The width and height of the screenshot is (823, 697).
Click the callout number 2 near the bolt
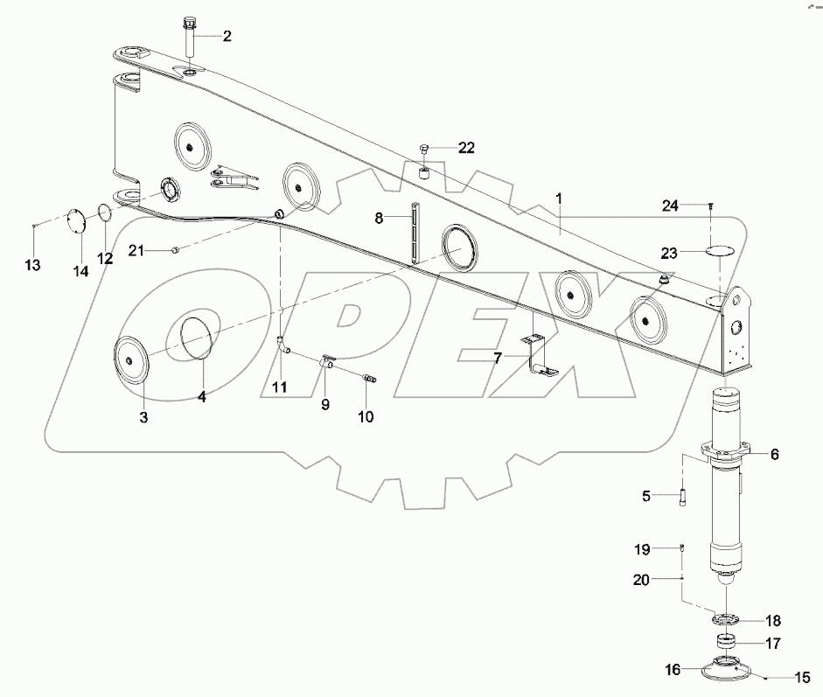coord(227,36)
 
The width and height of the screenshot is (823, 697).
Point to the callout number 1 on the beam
coord(560,199)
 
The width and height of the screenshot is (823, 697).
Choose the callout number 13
coord(32,264)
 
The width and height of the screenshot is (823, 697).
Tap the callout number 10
coord(366,417)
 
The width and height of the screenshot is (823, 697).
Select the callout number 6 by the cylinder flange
coord(775,454)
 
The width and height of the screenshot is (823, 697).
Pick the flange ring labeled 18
coord(726,619)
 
